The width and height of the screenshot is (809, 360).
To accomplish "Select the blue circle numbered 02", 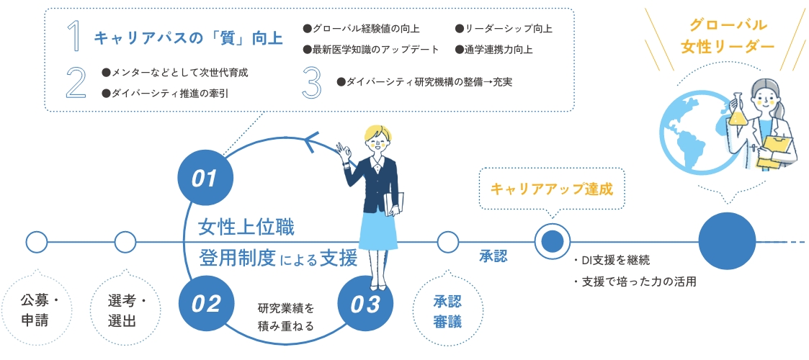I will (x=205, y=304).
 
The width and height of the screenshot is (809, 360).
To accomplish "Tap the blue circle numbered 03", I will (x=365, y=304).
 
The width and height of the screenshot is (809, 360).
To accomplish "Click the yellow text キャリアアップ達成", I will (x=551, y=189).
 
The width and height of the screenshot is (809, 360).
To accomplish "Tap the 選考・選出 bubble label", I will (x=125, y=310).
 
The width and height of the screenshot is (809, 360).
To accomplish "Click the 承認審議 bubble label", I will (x=447, y=310).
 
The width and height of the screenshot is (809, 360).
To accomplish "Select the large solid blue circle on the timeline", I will (x=727, y=242).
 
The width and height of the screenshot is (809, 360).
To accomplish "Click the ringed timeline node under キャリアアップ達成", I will (x=552, y=242).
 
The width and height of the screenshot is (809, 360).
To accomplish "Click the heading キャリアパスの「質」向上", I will (x=188, y=37).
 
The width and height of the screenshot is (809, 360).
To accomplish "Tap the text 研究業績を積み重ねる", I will (x=286, y=317).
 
